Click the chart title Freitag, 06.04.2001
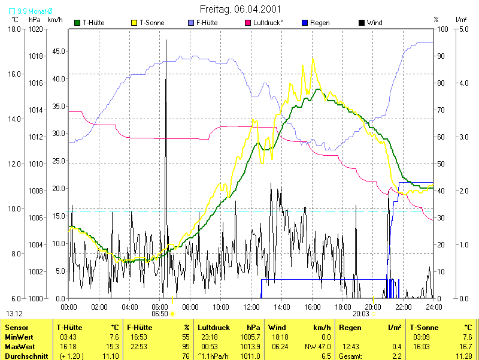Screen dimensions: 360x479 pos(239,9)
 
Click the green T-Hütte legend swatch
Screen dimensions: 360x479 pos(77,23)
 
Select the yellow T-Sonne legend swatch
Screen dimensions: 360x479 pos(134,23)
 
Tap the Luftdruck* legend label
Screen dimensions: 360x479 pos(268,23)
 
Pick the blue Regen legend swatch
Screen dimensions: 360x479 pos(305,23)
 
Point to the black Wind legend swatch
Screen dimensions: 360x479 pos(361,23)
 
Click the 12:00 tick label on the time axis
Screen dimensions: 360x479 pos(251,307)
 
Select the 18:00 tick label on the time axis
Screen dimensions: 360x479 pos(342,307)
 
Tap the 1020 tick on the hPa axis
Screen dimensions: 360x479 pos(35,29)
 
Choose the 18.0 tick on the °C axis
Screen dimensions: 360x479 pos(15,29)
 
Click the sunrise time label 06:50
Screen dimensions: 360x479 pos(159,313)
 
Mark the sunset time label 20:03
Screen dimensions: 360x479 pos(360,313)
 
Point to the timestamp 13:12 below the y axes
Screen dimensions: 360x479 pos(14,313)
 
